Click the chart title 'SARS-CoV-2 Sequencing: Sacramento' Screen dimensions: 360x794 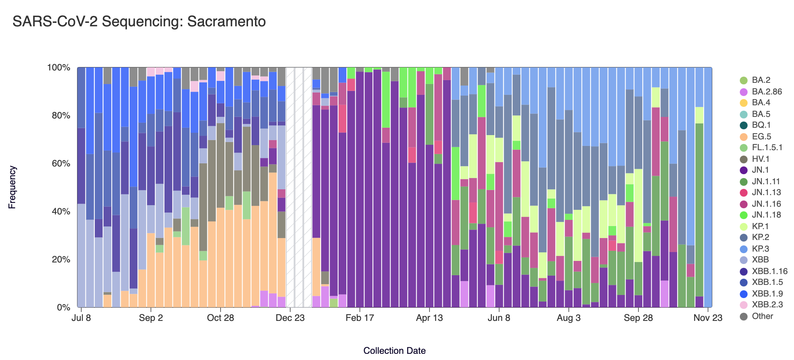click(x=139, y=22)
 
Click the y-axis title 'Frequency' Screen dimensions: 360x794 click(x=12, y=187)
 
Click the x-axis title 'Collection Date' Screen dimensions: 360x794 click(x=394, y=351)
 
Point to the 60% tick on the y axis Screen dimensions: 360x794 click(x=59, y=163)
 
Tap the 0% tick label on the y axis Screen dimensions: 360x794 click(x=63, y=308)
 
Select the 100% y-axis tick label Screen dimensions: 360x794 click(x=59, y=68)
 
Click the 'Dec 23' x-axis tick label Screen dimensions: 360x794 click(x=290, y=318)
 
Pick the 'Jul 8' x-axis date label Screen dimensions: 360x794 click(x=81, y=318)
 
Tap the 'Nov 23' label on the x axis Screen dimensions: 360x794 click(x=708, y=318)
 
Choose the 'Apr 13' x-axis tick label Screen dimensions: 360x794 click(x=429, y=318)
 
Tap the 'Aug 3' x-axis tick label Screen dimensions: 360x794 click(x=569, y=318)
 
